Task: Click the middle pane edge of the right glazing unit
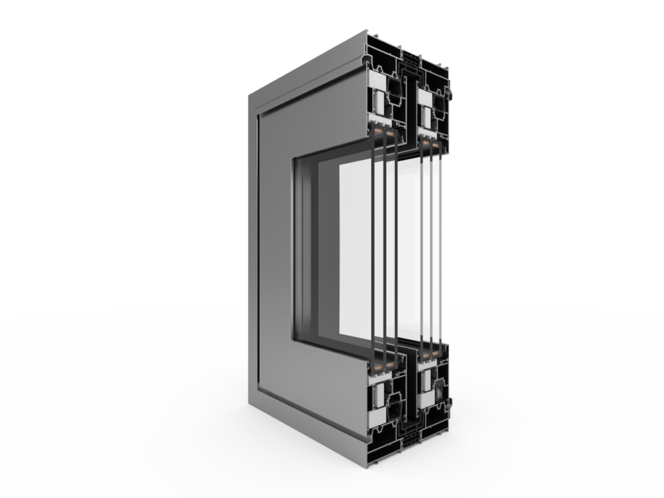click(x=431, y=245)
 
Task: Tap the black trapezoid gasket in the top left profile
click(x=395, y=87)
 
